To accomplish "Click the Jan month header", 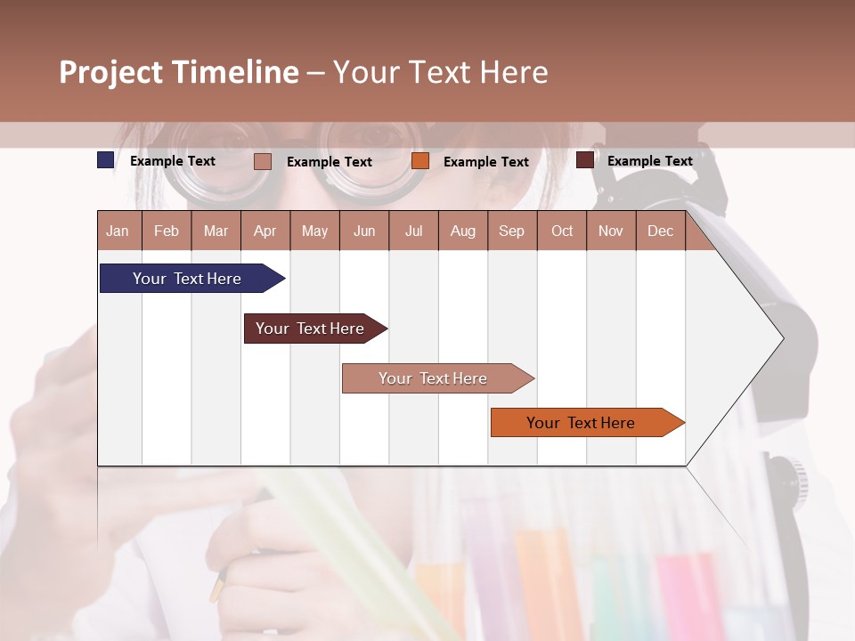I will [118, 231].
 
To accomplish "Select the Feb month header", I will [167, 231].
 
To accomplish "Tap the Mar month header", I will [216, 231].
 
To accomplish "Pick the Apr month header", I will [265, 231].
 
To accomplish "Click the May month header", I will [314, 231].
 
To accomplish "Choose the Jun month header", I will [364, 231].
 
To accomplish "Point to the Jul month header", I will [413, 231].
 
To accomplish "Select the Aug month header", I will [463, 231].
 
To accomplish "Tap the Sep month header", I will [512, 231].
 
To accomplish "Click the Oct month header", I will [562, 231].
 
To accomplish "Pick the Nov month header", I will [611, 231].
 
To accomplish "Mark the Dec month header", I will [661, 231].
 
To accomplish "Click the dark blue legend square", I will [106, 160].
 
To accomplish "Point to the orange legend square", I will [420, 161].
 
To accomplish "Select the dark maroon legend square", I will [585, 160].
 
